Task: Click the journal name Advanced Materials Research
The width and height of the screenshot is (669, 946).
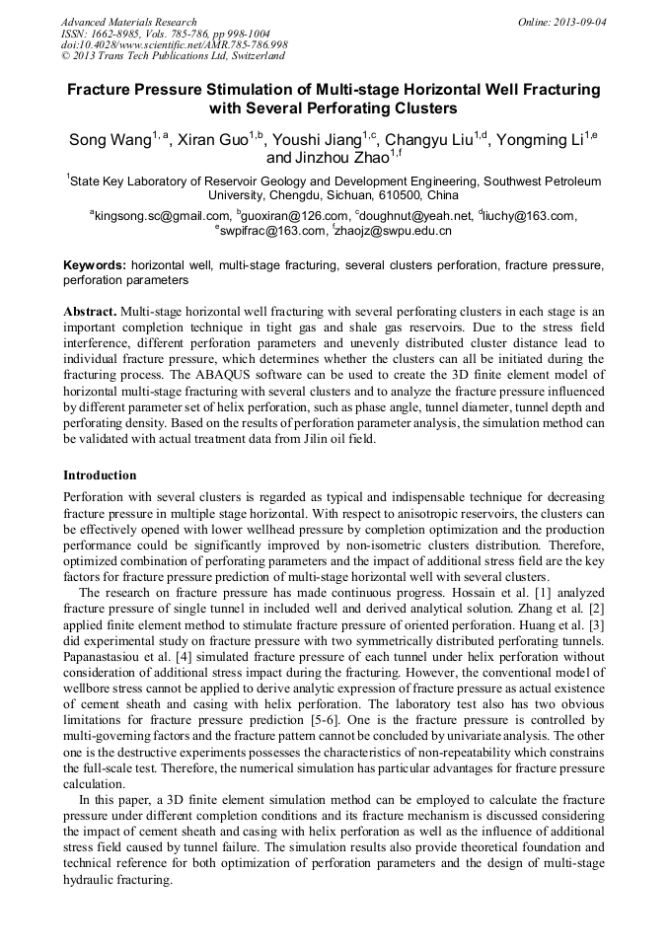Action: (x=128, y=22)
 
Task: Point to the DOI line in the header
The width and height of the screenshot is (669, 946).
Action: (x=174, y=45)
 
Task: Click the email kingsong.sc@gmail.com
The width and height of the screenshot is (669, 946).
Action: (x=162, y=216)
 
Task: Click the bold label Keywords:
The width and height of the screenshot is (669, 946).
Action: (x=95, y=266)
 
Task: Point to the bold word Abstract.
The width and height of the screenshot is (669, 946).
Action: (x=89, y=311)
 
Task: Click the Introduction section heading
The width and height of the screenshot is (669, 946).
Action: (x=100, y=475)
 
